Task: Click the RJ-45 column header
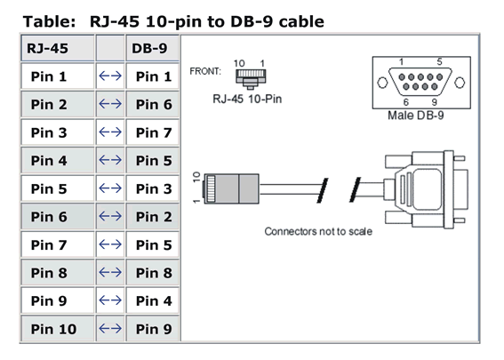pos(58,48)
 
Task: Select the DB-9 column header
pos(152,48)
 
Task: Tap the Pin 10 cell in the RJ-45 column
pos(58,329)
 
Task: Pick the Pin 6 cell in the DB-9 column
pos(152,104)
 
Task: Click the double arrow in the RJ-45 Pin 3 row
pos(110,132)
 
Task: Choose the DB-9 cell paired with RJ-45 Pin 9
pos(152,300)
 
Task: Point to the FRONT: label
pos(205,71)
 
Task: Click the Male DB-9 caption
pos(416,116)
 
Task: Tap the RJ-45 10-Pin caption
pos(247,99)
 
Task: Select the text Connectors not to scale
pos(318,231)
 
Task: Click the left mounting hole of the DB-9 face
pos(382,83)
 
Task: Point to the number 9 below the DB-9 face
pos(435,102)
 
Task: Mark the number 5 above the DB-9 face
pos(439,61)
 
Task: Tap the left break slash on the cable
pos(323,190)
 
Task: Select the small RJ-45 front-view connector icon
pos(251,79)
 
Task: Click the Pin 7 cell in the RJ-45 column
pos(58,244)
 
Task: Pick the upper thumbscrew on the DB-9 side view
pos(460,158)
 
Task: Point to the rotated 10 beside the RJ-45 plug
pos(196,177)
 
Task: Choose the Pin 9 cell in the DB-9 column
pos(152,329)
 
